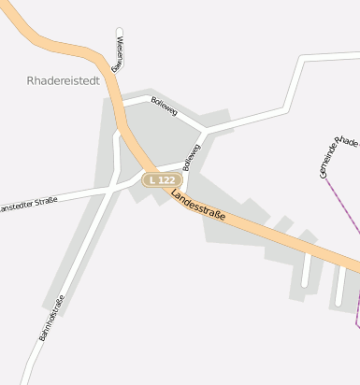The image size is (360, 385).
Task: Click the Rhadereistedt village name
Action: (x=64, y=81)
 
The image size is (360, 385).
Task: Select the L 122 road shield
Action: (x=160, y=179)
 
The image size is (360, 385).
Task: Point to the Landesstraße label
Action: (x=198, y=207)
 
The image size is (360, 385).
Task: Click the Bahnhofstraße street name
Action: (x=52, y=318)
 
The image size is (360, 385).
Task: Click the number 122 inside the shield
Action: (x=165, y=179)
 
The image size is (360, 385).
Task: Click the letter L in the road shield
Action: (x=151, y=179)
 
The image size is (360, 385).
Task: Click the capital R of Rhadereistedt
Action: (x=32, y=81)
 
